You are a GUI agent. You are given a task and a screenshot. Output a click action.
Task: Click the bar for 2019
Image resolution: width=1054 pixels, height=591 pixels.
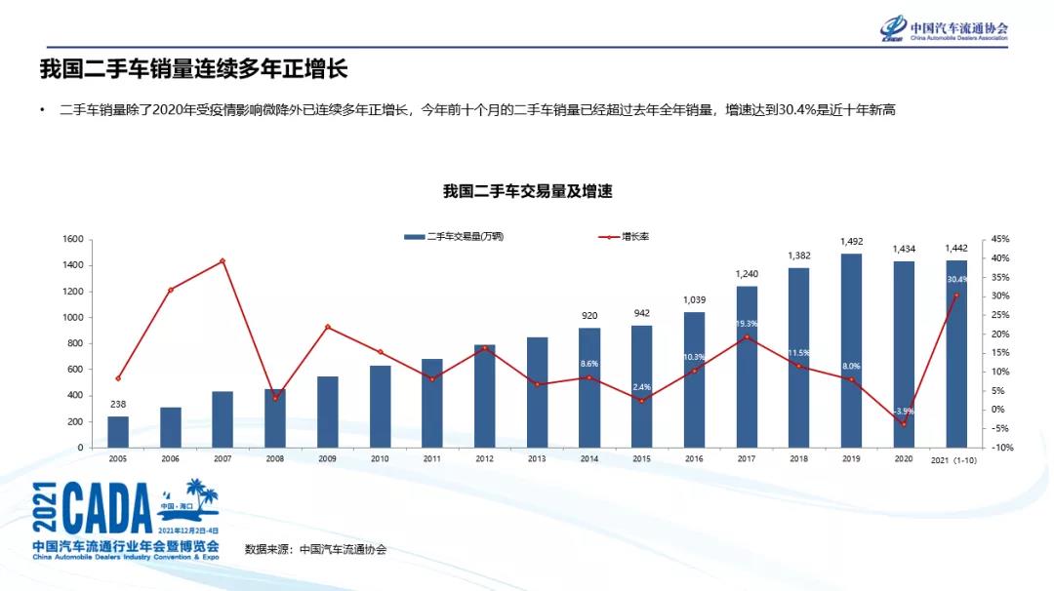(x=851, y=351)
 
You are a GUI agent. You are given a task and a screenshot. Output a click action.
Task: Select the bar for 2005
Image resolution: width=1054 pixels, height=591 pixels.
(x=118, y=432)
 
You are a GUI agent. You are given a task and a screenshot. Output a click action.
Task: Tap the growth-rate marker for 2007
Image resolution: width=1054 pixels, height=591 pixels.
(x=223, y=260)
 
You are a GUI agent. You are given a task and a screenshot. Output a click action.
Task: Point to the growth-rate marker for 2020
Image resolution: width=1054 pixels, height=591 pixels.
(x=904, y=424)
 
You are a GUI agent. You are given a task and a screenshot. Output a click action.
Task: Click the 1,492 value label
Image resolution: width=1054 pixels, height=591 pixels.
(x=851, y=241)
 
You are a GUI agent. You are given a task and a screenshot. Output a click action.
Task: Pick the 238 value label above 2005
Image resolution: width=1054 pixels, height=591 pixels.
(x=118, y=404)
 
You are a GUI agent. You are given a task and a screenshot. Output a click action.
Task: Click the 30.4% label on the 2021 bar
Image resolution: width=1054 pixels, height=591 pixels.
(x=956, y=280)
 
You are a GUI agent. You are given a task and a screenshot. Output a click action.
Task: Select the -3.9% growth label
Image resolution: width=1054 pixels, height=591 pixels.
(x=904, y=411)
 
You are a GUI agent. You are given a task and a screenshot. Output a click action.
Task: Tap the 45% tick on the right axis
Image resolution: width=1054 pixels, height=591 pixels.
(x=1000, y=239)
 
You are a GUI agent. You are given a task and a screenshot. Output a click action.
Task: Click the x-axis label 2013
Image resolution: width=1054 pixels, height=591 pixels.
(x=537, y=458)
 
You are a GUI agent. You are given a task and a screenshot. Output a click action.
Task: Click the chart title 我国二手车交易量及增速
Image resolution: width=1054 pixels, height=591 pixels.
(x=527, y=191)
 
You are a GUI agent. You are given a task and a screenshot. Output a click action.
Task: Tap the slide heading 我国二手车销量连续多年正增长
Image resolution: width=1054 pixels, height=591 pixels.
(x=193, y=69)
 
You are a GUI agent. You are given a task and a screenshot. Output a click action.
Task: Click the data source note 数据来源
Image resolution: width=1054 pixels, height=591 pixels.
(x=315, y=549)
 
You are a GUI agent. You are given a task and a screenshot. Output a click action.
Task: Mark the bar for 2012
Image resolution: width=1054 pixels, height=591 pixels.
(x=484, y=396)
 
